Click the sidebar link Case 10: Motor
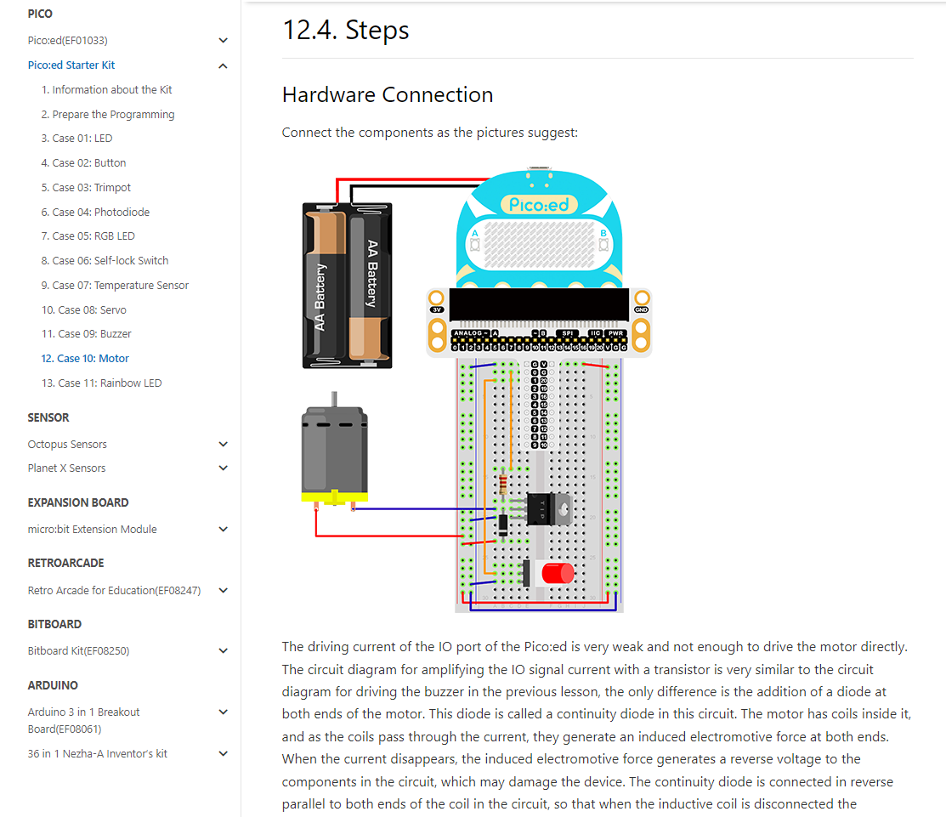(x=85, y=359)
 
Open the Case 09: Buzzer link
(x=86, y=334)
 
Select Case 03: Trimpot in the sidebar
(x=86, y=188)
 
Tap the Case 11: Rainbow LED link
(x=101, y=383)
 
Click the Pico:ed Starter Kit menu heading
(x=71, y=65)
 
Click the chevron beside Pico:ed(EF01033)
(x=223, y=41)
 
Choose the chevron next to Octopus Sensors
(x=223, y=445)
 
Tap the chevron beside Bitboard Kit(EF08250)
(x=223, y=651)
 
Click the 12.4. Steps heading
(x=346, y=31)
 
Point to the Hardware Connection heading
(x=388, y=94)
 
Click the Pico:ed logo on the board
(x=539, y=204)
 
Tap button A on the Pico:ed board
(x=475, y=244)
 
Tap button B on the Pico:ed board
(x=603, y=244)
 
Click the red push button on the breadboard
(x=557, y=573)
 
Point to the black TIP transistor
(x=547, y=509)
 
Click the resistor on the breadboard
(x=504, y=484)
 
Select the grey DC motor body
(x=335, y=449)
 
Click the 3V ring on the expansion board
(x=437, y=298)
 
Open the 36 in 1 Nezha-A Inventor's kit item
(x=97, y=754)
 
